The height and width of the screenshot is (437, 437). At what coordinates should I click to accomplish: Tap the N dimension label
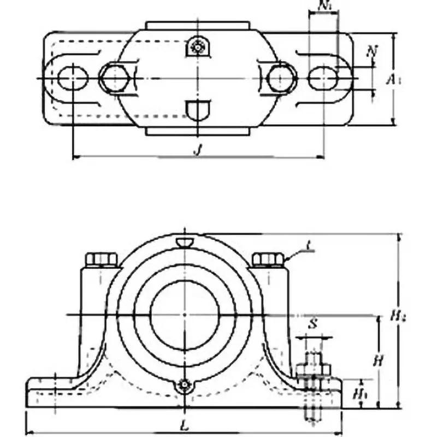pos(373,51)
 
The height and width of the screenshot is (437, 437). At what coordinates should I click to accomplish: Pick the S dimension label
pos(313,323)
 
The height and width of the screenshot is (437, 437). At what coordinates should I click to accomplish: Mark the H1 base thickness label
pos(359,392)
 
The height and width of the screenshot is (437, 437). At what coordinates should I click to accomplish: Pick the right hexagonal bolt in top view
pos(282,78)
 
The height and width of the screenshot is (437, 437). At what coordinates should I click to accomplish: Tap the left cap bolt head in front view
pos(102,259)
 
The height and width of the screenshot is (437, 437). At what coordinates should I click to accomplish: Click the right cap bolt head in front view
pos(268,259)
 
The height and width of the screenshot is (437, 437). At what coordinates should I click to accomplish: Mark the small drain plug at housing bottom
pos(185,386)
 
